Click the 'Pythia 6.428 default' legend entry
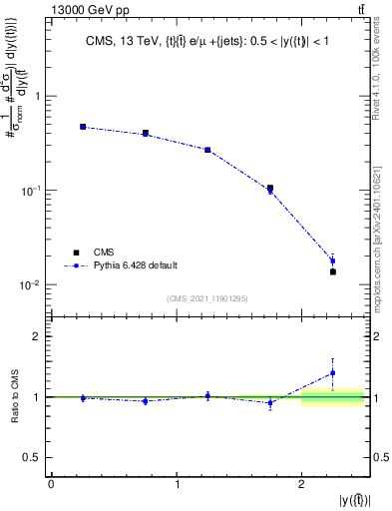pos(136,265)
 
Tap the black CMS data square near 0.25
pos(83,127)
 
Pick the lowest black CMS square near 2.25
pos(333,271)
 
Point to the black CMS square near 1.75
pos(270,188)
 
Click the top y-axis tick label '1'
pos(38,97)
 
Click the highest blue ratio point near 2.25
pos(333,373)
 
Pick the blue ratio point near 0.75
pos(145,401)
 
